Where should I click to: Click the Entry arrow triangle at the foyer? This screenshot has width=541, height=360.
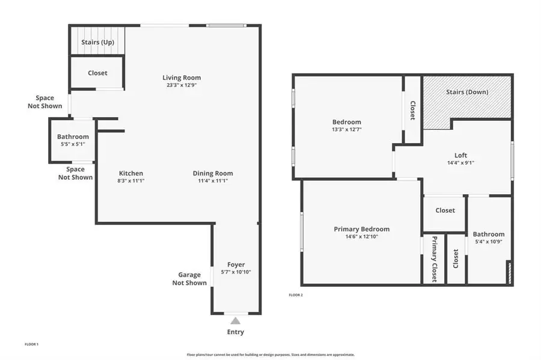pos(236,321)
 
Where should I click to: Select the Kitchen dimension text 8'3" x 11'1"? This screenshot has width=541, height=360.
pos(130,181)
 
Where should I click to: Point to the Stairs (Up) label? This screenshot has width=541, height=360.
pos(98,43)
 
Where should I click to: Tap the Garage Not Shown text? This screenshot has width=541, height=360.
pos(189,279)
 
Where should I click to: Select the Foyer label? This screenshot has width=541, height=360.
pos(236,264)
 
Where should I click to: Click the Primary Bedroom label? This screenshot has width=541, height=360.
pos(361,229)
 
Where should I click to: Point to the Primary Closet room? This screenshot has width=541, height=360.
pos(434,258)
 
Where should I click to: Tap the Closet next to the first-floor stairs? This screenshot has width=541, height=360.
pos(97,73)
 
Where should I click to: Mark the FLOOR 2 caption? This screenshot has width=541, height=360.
pos(295,295)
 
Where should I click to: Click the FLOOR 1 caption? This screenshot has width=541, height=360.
pos(31,344)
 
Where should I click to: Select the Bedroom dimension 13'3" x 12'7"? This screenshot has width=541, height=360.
pos(347,129)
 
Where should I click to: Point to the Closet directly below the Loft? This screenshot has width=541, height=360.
pos(445,210)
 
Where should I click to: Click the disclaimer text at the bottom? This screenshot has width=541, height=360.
pos(270,355)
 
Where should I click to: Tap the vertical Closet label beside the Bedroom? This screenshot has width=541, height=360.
pos(412,110)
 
